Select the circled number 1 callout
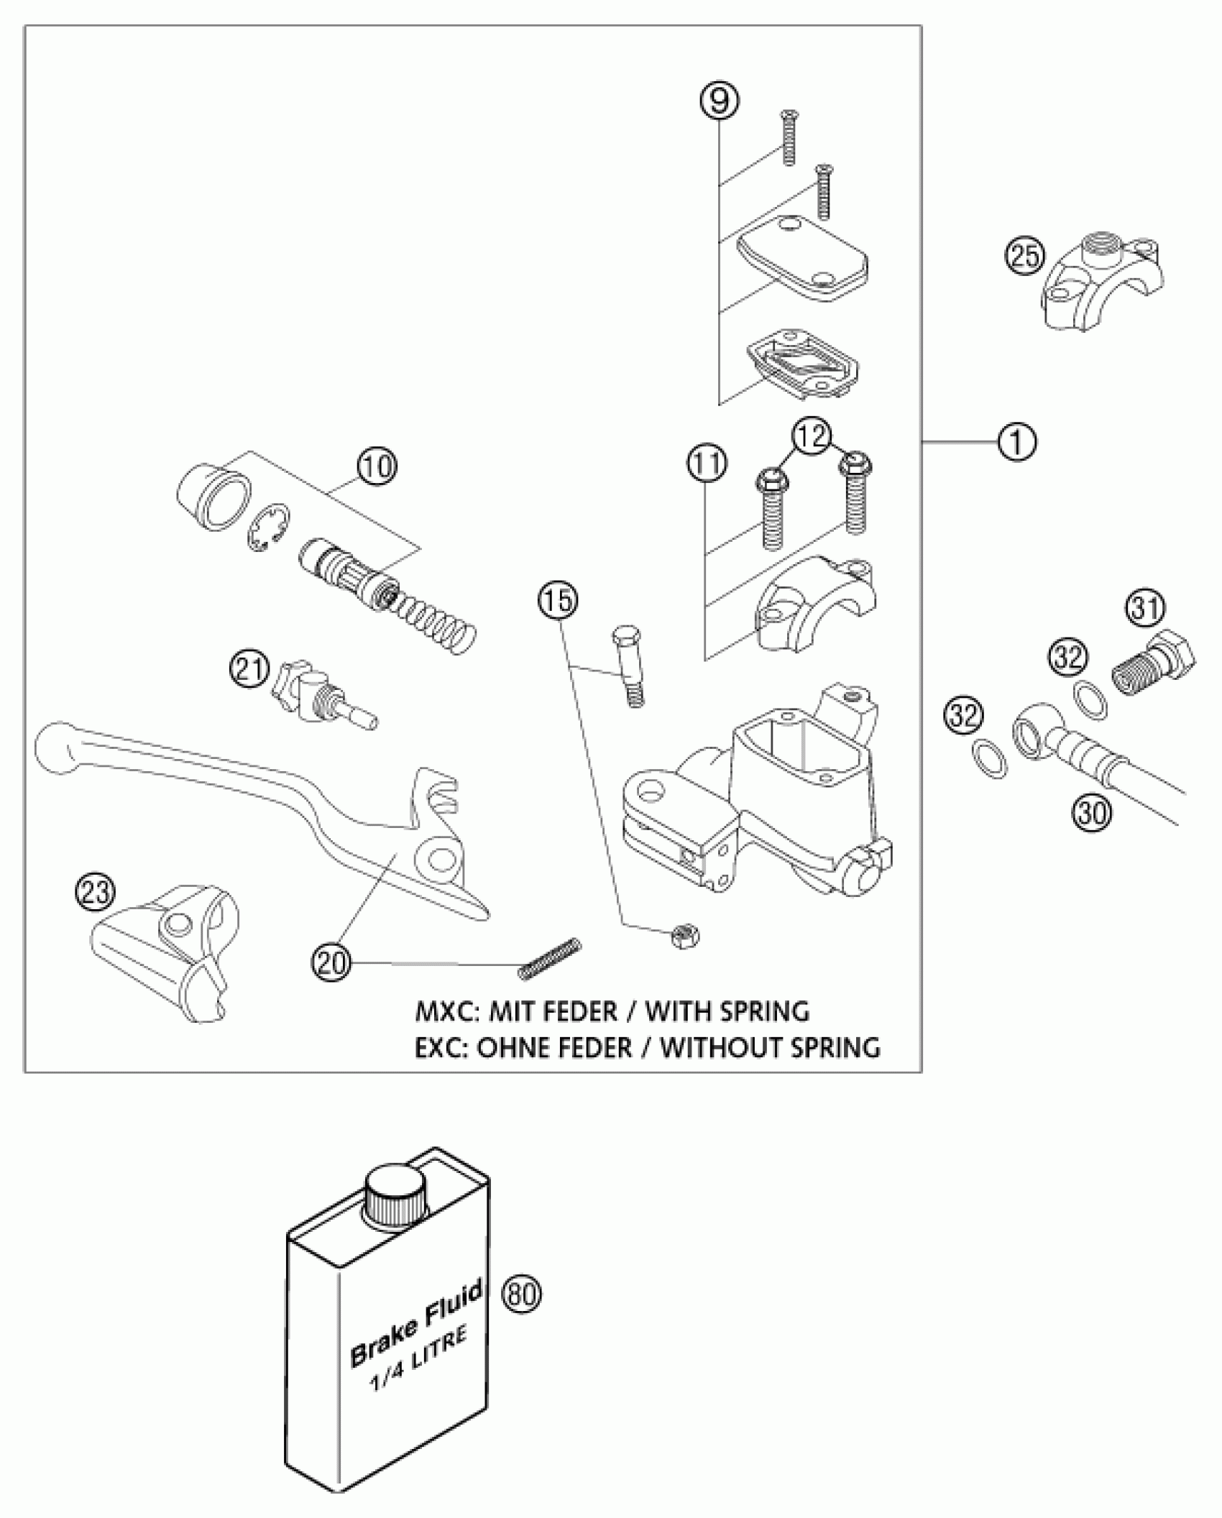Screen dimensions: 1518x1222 [1016, 441]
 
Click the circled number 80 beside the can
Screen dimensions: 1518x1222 [522, 1294]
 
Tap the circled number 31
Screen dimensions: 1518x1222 [1145, 609]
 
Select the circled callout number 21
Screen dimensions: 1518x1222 [249, 670]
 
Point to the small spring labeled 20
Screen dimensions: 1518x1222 [549, 960]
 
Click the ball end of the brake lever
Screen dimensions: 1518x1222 [55, 747]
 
